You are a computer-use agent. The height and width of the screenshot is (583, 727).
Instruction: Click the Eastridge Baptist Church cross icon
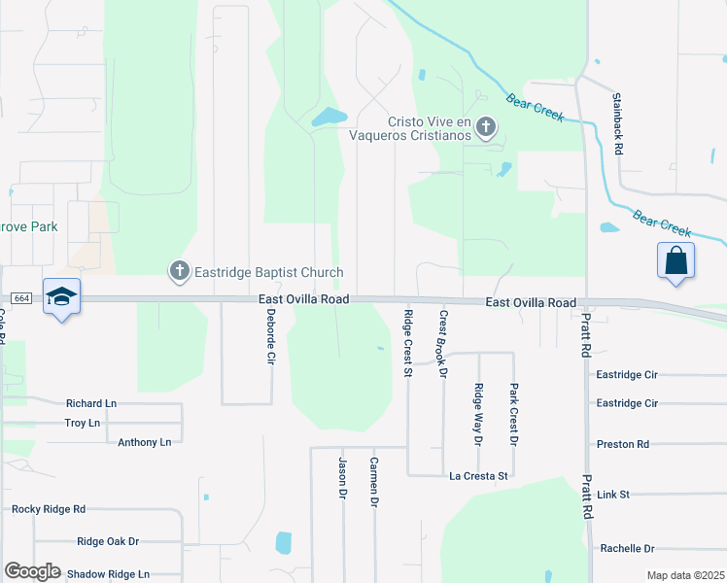tap(179, 272)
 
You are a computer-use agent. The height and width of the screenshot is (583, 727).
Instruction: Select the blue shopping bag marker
tap(675, 262)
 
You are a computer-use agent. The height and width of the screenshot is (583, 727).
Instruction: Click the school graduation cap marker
tap(61, 296)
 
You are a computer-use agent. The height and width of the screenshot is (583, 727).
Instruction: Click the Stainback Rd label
tap(617, 123)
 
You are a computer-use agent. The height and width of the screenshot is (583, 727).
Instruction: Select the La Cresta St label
tap(478, 476)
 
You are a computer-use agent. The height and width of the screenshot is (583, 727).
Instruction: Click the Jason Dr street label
tap(342, 478)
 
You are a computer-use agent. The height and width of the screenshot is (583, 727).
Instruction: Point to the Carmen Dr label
tap(373, 482)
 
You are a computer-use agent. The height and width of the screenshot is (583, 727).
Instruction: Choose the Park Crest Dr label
tap(513, 414)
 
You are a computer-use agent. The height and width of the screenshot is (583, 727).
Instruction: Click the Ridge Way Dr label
tap(478, 415)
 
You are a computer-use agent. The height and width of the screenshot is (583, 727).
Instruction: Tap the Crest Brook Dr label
tap(442, 343)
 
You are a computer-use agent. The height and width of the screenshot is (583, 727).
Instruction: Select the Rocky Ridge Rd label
tap(49, 508)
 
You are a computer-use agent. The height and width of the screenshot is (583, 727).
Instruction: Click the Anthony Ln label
tap(144, 442)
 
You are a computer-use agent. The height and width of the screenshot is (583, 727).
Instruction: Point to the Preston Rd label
tap(622, 444)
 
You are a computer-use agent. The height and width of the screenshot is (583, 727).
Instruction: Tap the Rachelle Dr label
tap(627, 548)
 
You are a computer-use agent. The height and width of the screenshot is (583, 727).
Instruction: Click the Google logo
tap(32, 571)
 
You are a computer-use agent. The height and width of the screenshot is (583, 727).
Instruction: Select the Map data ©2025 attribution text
tap(685, 575)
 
